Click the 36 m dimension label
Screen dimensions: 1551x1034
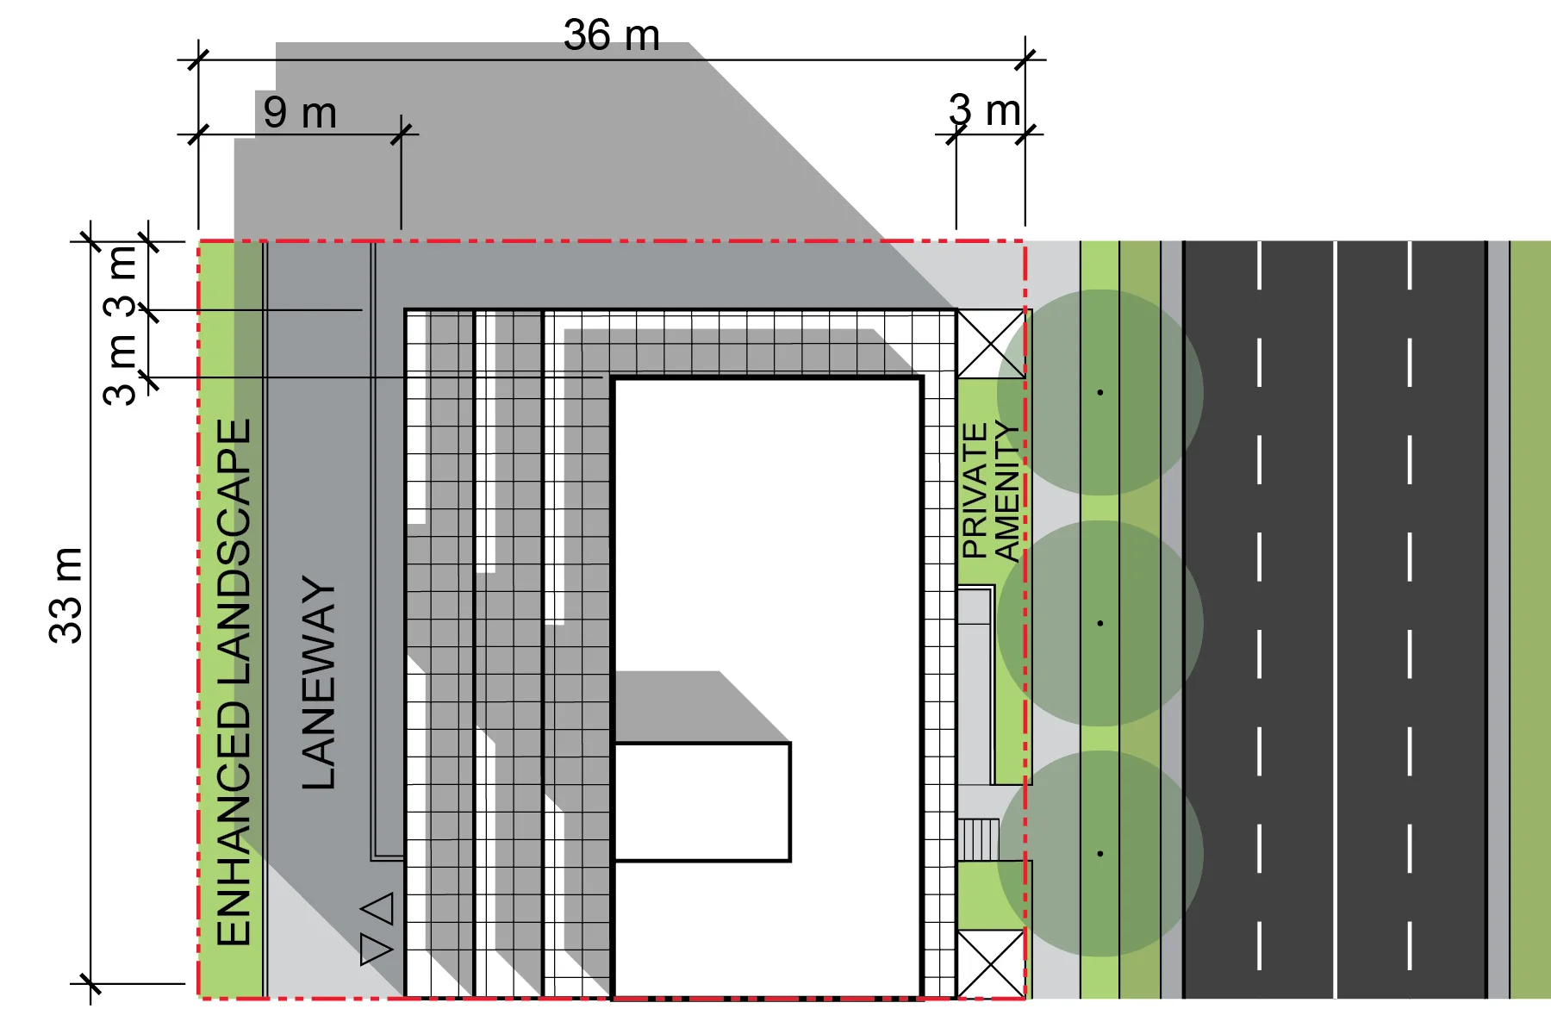tap(611, 36)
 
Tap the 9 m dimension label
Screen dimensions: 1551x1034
tap(300, 113)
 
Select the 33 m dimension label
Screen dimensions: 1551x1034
tap(65, 595)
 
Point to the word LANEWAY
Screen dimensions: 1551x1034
tap(319, 682)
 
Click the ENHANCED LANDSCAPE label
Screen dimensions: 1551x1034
tap(233, 682)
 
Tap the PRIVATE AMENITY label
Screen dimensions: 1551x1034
tap(990, 491)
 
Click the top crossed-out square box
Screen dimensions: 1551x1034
tap(991, 344)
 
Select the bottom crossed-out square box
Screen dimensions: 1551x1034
tap(991, 963)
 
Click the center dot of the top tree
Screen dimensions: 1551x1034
tap(1100, 393)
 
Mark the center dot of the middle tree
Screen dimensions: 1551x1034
tap(1100, 623)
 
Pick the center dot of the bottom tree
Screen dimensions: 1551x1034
tap(1100, 854)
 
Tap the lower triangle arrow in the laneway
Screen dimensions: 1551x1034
tap(377, 949)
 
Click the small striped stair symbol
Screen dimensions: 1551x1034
tap(979, 839)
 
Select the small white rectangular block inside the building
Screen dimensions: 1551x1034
tap(702, 801)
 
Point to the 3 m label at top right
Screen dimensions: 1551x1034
tap(984, 111)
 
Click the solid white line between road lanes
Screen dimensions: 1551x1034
tap(1335, 620)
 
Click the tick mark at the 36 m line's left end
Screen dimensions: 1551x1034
tap(198, 60)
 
